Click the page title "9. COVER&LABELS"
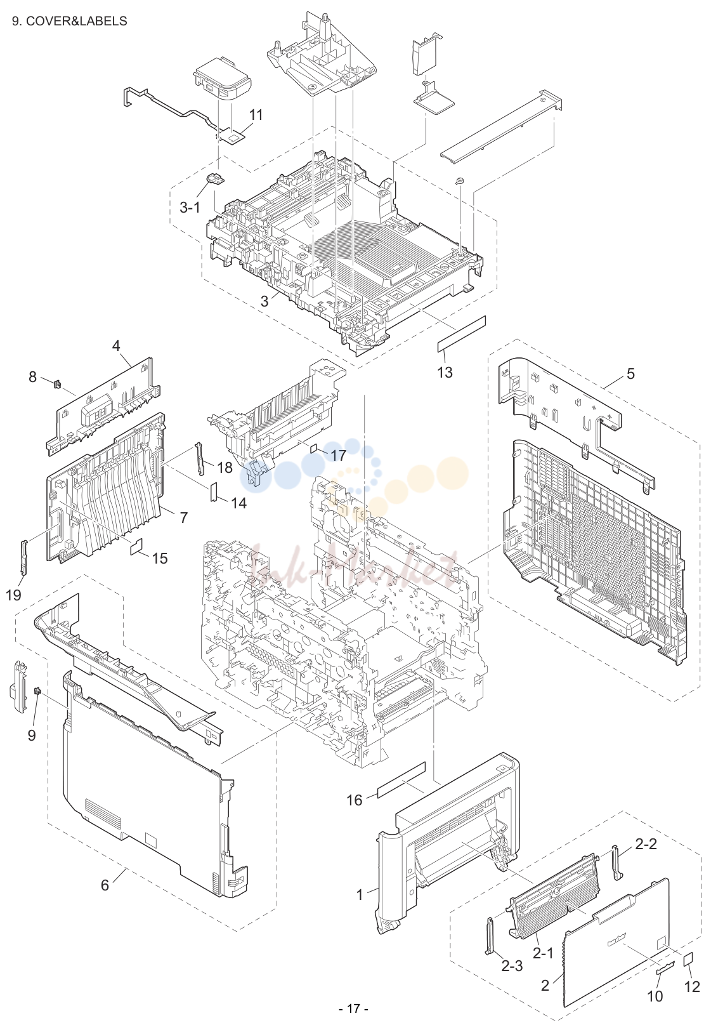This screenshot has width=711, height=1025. (x=70, y=21)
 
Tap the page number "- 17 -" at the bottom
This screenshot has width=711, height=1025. (x=353, y=1008)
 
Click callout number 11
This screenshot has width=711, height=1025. (x=256, y=115)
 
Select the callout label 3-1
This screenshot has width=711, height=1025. (x=190, y=208)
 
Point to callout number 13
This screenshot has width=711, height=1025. (x=445, y=372)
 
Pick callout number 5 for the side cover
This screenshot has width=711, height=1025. (x=630, y=374)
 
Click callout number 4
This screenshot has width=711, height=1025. (x=116, y=345)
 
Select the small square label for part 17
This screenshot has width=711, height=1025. (x=315, y=447)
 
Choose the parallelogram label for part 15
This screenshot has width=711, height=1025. (x=137, y=546)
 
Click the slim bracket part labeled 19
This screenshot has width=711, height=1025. (x=24, y=556)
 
